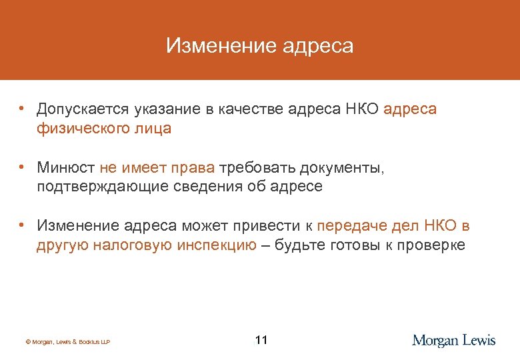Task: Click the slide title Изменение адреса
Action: coord(259,46)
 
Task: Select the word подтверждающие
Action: coord(97,187)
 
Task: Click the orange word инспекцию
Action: coord(217,245)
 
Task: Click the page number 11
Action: coord(261,341)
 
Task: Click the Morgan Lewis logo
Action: coord(454,341)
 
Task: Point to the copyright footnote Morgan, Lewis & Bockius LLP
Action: coord(67,342)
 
